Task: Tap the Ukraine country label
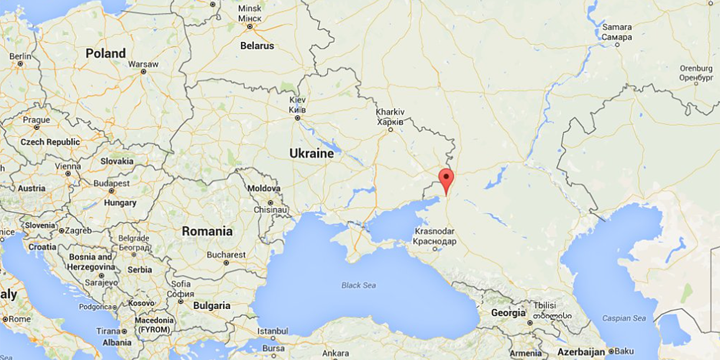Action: pyautogui.click(x=311, y=154)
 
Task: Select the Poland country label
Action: pyautogui.click(x=106, y=53)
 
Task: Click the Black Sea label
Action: pyautogui.click(x=359, y=286)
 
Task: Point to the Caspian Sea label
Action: pyautogui.click(x=624, y=318)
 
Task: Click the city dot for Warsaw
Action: pyautogui.click(x=143, y=72)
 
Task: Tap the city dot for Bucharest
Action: pyautogui.click(x=226, y=263)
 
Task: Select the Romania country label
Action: pyautogui.click(x=207, y=231)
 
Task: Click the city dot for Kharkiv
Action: pyautogui.click(x=390, y=130)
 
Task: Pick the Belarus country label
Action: pyautogui.click(x=258, y=46)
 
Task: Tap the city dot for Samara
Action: pyautogui.click(x=617, y=45)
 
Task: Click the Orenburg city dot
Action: pyautogui.click(x=696, y=83)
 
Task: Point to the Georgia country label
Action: pyautogui.click(x=508, y=313)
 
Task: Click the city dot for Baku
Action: pyautogui.click(x=611, y=351)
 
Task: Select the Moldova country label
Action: pyautogui.click(x=264, y=189)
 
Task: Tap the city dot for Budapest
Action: pyautogui.click(x=112, y=191)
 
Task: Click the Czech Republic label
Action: pyautogui.click(x=50, y=142)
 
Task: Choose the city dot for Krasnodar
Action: pyautogui.click(x=435, y=249)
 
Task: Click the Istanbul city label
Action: pyautogui.click(x=273, y=331)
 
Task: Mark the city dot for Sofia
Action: pyautogui.click(x=180, y=301)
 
